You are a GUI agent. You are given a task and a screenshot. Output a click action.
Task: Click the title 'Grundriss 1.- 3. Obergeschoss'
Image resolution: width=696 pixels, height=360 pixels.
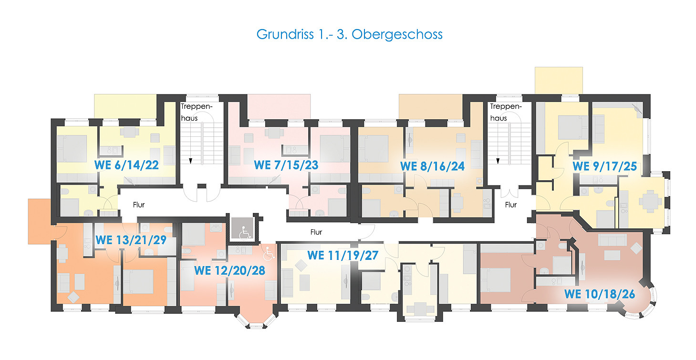349,34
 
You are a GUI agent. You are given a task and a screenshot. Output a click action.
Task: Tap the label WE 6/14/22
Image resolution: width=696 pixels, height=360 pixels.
126,165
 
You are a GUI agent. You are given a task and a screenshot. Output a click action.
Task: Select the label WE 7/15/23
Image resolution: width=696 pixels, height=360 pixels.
286,165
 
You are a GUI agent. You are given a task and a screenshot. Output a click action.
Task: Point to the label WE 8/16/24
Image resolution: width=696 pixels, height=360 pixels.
433,166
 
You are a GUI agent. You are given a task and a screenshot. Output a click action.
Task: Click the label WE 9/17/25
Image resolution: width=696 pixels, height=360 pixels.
605,166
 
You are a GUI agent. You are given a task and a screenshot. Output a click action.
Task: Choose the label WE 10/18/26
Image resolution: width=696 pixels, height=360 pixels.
600,294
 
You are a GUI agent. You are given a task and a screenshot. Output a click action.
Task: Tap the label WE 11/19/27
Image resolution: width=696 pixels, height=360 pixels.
343,255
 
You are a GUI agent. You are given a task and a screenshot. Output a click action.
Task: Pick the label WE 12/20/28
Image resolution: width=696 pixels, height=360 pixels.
229,270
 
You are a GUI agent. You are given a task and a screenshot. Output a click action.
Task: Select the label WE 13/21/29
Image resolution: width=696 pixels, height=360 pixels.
131,240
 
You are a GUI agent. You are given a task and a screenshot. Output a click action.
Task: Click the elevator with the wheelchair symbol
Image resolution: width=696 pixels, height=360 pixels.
242,228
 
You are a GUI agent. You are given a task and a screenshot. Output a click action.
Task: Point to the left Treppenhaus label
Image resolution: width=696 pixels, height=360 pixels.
197,112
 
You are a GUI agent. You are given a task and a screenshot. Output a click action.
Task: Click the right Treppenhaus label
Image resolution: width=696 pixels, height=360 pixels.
506,112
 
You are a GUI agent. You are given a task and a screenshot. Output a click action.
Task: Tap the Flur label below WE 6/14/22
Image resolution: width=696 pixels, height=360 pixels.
138,205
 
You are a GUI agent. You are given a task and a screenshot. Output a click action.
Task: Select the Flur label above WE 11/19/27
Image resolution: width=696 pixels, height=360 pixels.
316,232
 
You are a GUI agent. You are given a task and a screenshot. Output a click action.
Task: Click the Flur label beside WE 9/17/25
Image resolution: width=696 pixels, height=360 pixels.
511,205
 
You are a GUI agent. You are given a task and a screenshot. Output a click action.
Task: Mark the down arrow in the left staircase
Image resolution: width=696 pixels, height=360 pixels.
190,161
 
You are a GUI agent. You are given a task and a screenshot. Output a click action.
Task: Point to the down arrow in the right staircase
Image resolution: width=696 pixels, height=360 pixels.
498,161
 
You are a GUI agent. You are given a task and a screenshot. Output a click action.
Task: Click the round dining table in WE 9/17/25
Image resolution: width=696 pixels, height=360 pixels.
650,201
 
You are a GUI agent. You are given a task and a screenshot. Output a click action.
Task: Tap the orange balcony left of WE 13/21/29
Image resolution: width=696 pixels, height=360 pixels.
40,221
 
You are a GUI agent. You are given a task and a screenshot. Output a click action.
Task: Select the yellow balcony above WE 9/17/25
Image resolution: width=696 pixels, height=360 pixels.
559,80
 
